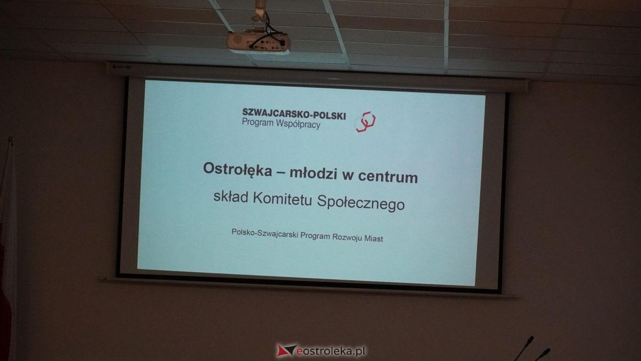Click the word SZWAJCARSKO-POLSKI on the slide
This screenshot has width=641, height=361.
[x=294, y=114]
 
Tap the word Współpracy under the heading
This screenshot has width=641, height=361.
[x=298, y=124]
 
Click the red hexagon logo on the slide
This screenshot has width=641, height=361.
[x=365, y=122]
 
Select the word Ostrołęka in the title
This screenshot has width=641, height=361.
[x=238, y=170]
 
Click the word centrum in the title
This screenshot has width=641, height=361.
[x=388, y=177]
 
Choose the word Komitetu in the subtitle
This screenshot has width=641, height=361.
[x=282, y=199]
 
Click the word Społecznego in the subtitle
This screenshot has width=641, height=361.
[x=361, y=203]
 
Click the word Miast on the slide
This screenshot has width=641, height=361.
[x=373, y=239]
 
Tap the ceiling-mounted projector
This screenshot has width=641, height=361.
[x=259, y=41]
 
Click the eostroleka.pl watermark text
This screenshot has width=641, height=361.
[x=331, y=351]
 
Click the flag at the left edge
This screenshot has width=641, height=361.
[x=6, y=249]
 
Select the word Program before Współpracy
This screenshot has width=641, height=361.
[x=258, y=122]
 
